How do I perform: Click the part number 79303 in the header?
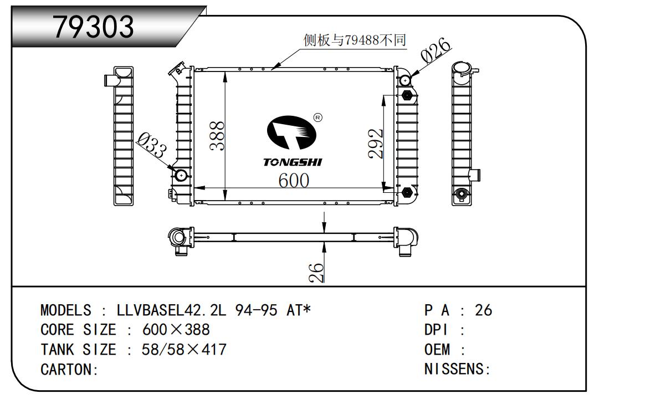[x=93, y=27]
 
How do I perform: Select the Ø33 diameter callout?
[x=152, y=145]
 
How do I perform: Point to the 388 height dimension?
[x=217, y=136]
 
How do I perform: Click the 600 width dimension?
[x=294, y=180]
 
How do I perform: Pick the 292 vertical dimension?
[x=376, y=144]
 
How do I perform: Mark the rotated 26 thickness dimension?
[x=316, y=273]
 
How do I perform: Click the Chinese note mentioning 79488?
[x=355, y=40]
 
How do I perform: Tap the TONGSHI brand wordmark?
[x=293, y=162]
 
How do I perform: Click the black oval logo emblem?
[x=291, y=132]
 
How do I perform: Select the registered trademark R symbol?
[x=318, y=117]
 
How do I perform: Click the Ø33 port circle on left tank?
[x=181, y=175]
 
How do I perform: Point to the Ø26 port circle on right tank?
[x=405, y=80]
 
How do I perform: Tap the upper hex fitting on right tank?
[x=407, y=96]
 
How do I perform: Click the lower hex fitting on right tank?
[x=407, y=193]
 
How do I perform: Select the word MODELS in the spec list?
[x=66, y=310]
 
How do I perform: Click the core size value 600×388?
[x=176, y=330]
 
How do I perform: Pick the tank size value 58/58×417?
[x=184, y=350]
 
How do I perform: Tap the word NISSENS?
[x=454, y=369]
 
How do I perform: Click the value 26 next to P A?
[x=483, y=310]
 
